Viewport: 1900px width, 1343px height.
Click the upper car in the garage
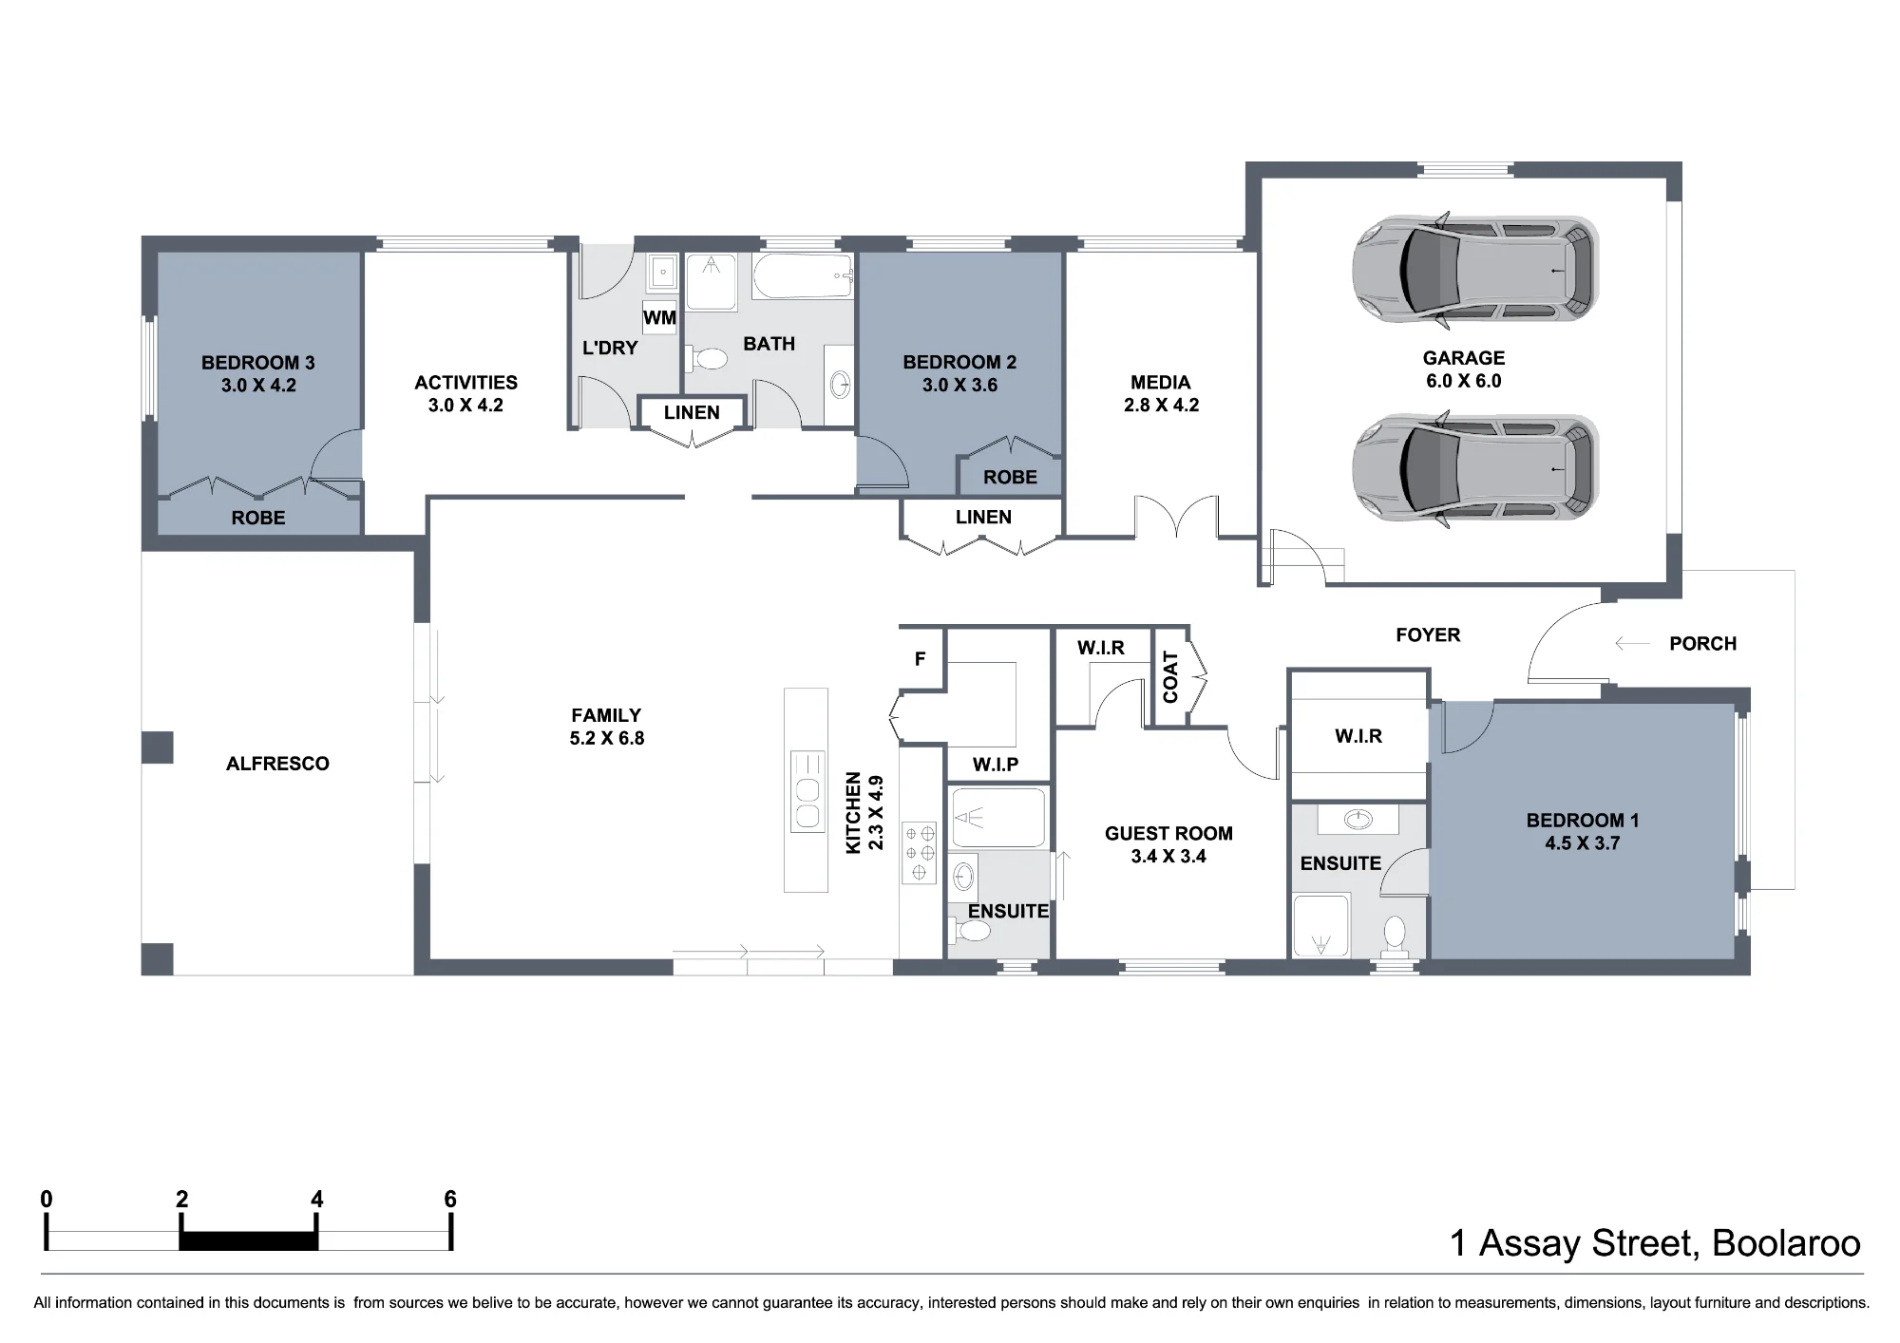click(1475, 271)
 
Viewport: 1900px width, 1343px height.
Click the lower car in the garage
click(1475, 469)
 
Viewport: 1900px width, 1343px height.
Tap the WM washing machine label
click(659, 317)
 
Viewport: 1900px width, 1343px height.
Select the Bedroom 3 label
click(257, 363)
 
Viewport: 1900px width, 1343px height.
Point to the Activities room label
click(465, 383)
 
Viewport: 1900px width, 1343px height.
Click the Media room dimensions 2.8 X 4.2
click(1161, 406)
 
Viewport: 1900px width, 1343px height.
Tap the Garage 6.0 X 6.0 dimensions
click(1464, 381)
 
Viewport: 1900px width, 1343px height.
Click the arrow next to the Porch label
click(1633, 644)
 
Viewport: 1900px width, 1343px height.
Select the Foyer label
click(1428, 635)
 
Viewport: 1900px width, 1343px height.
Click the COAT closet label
click(1170, 677)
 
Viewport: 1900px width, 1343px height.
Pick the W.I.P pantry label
click(996, 765)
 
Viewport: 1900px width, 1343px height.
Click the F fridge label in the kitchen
click(920, 658)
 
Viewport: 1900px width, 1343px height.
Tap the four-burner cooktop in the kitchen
click(919, 852)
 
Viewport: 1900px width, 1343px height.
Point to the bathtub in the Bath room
click(803, 276)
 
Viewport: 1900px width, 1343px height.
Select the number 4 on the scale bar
click(317, 1200)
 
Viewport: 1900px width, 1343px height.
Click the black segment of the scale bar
click(248, 1240)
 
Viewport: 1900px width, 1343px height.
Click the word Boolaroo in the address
click(1786, 1243)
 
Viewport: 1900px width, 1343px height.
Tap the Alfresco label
click(277, 764)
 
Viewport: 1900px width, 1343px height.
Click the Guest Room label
click(1168, 834)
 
